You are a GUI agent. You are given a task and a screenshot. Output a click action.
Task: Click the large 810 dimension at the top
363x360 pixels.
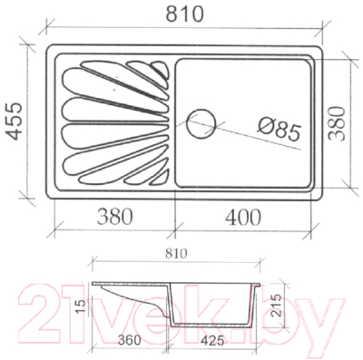tap(185, 14)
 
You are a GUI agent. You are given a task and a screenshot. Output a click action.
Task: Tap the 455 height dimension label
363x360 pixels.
tap(15, 121)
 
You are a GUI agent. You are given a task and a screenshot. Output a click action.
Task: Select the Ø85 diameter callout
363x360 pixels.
tap(279, 130)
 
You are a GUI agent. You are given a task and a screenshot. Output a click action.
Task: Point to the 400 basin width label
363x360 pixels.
tap(242, 217)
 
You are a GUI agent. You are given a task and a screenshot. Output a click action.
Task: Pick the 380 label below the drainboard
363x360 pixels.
tap(114, 217)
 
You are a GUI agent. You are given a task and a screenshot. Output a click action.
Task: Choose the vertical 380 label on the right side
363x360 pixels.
tap(337, 123)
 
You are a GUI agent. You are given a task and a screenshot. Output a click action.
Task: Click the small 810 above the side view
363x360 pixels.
tap(176, 254)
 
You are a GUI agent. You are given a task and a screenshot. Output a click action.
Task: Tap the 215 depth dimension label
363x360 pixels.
tap(276, 305)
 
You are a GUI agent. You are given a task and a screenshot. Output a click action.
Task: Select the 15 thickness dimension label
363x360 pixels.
tap(81, 306)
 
